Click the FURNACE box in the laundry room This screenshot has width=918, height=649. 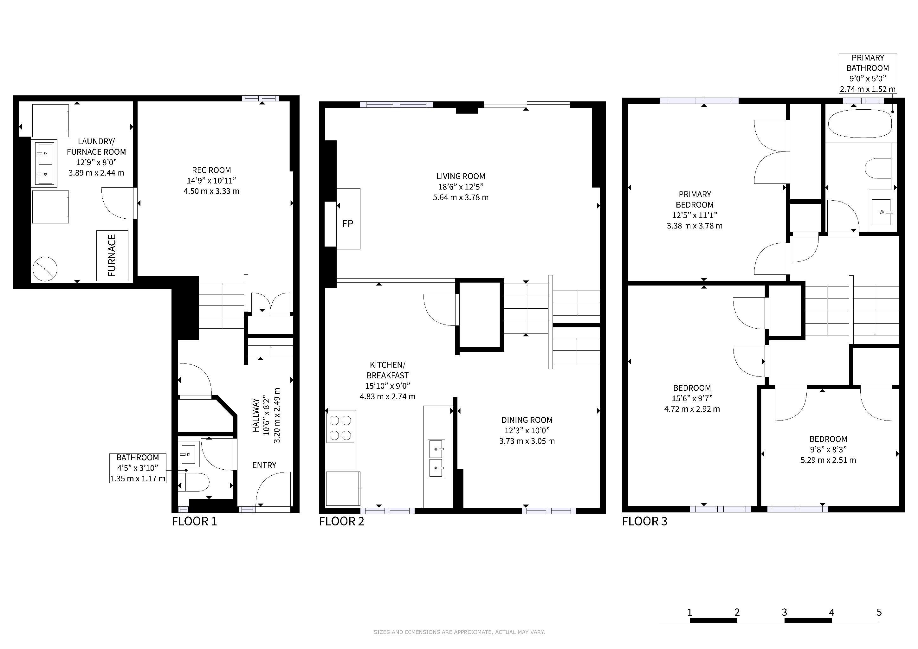point(112,255)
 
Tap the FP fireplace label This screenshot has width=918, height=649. point(348,224)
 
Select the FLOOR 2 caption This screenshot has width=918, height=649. point(341,522)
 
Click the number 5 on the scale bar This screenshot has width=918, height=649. point(879,612)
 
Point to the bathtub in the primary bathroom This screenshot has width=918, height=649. point(860,124)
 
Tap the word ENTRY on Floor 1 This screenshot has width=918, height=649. point(264,465)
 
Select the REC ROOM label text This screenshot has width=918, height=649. point(211,170)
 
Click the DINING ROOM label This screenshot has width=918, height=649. point(527,420)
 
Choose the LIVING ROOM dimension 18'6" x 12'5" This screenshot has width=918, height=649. point(461,187)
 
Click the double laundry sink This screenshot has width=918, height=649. point(45,162)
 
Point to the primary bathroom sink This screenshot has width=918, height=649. point(882,213)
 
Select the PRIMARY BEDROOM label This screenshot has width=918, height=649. point(695,199)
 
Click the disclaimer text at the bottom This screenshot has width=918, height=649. point(459,632)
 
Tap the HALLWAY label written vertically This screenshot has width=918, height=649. point(256,415)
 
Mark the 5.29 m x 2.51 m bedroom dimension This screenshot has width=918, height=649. point(828,460)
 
